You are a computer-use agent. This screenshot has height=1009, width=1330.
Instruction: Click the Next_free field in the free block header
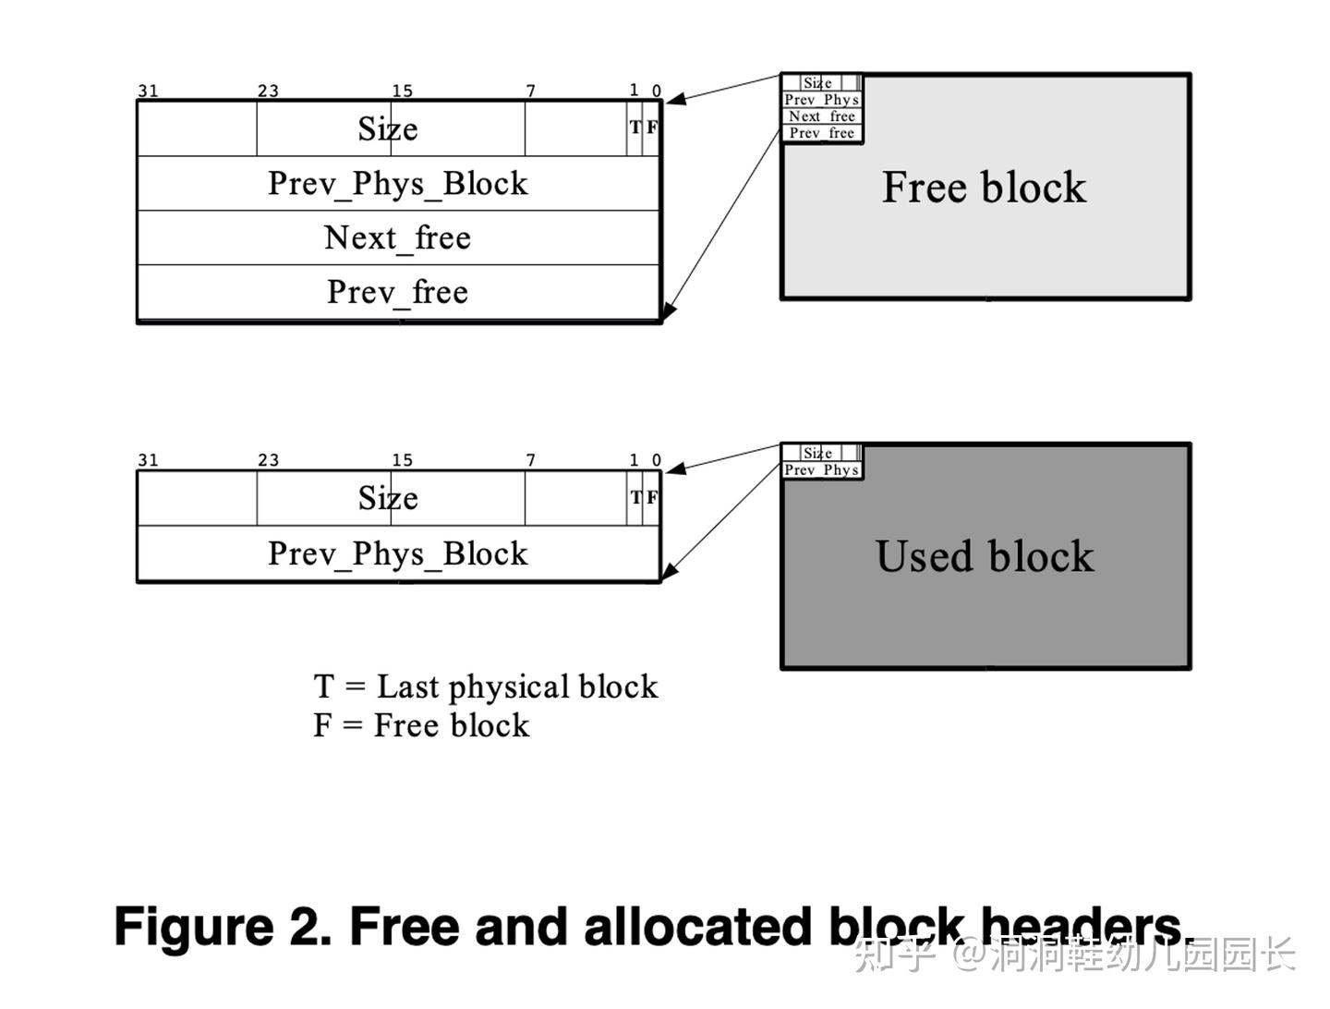point(397,238)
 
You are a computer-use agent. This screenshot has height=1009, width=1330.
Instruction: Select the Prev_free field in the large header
point(397,293)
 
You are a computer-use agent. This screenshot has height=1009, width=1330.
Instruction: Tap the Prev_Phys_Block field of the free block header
point(397,184)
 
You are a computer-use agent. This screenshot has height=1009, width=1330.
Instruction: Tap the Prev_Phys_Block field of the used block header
point(397,553)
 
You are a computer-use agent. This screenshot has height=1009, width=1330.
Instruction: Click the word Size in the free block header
point(388,129)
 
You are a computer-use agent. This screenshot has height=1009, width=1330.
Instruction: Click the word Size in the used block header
point(388,499)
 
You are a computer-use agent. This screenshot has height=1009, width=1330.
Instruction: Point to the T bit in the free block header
point(635,128)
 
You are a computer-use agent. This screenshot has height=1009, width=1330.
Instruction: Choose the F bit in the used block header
point(652,497)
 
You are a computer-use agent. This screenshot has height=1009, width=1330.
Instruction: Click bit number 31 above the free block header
point(148,91)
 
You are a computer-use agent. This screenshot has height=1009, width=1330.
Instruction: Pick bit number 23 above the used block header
point(268,460)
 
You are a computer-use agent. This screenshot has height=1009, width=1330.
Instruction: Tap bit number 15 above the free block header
point(402,91)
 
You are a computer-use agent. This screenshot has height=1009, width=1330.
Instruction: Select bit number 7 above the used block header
point(530,460)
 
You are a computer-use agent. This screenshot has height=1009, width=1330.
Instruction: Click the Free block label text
point(984,188)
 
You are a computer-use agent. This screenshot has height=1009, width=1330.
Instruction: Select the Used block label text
point(985,557)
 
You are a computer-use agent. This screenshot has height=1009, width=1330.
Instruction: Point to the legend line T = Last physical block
point(486,687)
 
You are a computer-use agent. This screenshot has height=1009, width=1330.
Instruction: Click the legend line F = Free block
point(421,726)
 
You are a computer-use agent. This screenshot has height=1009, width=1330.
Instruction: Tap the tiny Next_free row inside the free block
point(821,116)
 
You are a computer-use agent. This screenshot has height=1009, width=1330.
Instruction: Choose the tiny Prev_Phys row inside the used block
point(821,470)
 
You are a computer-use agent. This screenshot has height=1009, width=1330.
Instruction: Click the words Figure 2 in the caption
point(222,927)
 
